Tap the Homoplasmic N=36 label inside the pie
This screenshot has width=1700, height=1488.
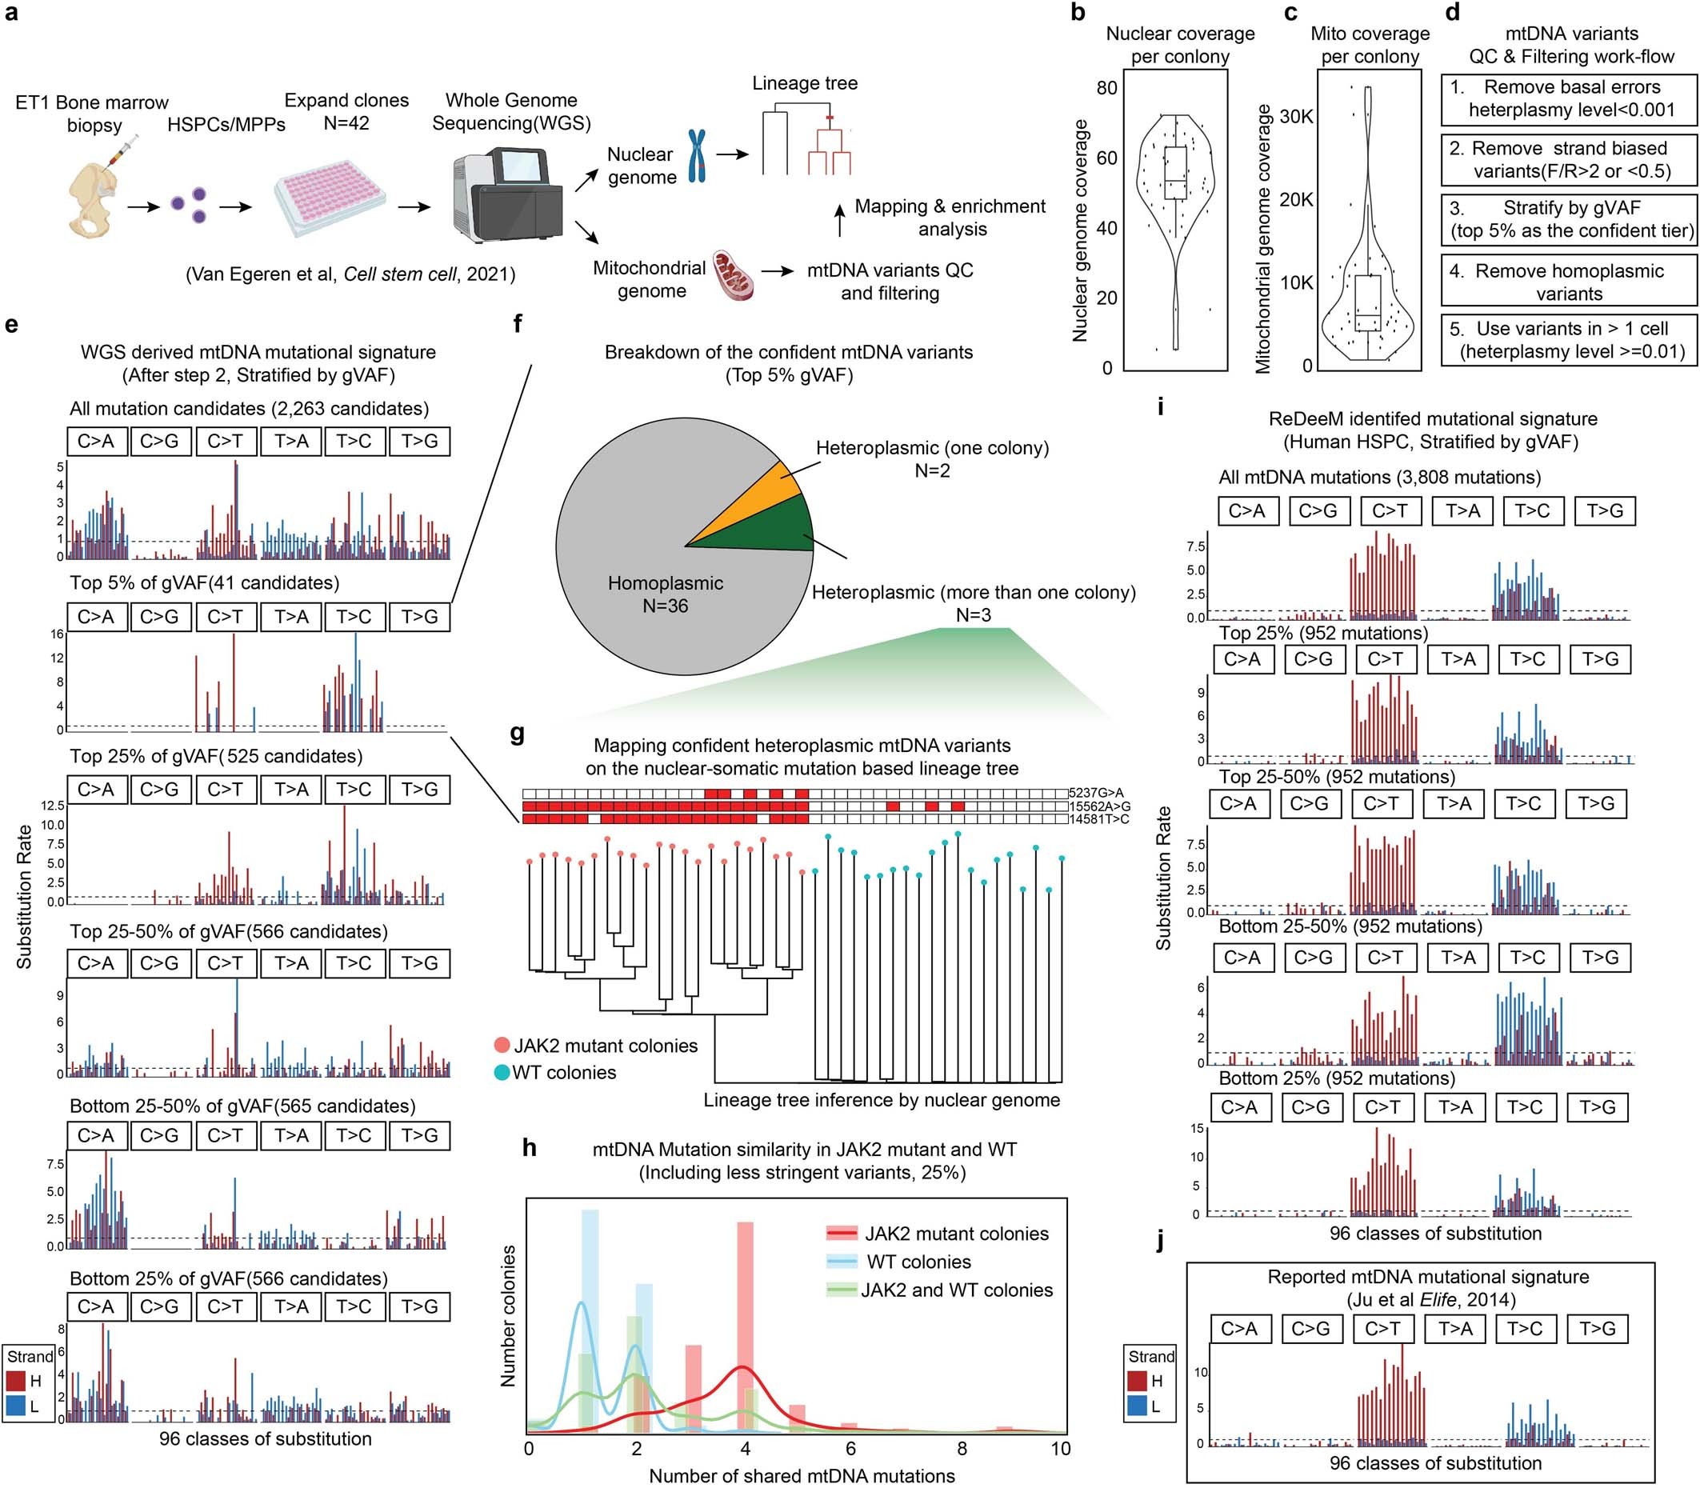point(666,594)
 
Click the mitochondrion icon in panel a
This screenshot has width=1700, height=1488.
point(734,278)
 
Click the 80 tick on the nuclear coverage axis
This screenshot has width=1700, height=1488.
point(1106,89)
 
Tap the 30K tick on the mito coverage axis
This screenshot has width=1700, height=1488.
point(1295,116)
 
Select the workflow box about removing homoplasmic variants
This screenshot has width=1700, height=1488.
point(1568,282)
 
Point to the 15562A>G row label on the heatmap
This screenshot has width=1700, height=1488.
point(1098,806)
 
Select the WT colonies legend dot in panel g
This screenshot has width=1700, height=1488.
point(501,1072)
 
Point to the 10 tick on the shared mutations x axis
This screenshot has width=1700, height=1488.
point(1061,1449)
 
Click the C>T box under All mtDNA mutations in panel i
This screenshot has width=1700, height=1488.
point(1390,510)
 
